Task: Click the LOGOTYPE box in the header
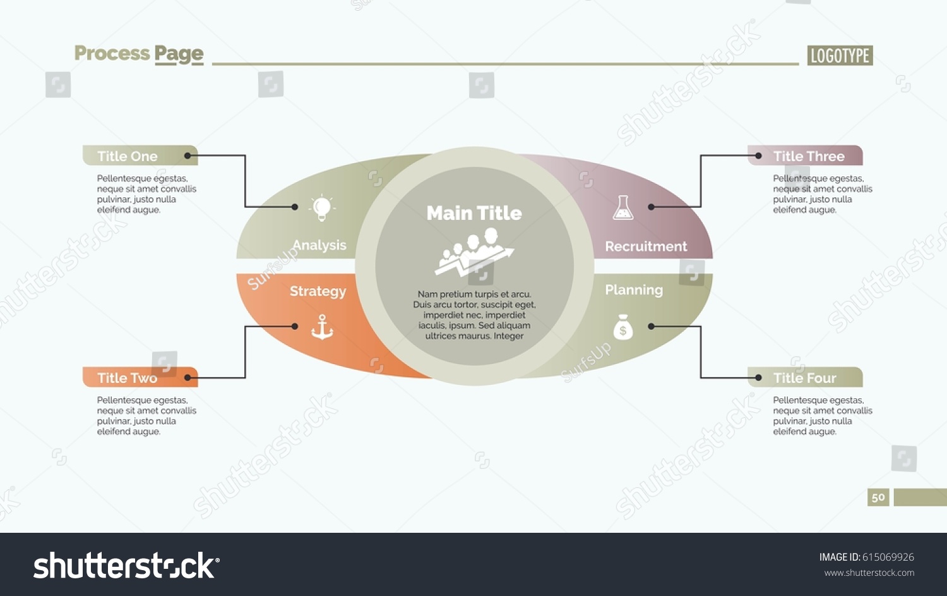(x=840, y=56)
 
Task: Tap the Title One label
(x=140, y=155)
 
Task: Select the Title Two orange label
(x=140, y=377)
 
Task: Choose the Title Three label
(x=805, y=155)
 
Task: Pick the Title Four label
(x=805, y=377)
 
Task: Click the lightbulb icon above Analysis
(x=322, y=208)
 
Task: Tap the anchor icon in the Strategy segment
(x=322, y=327)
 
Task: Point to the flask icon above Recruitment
(x=623, y=207)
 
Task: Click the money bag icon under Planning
(x=622, y=327)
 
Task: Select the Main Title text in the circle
(x=474, y=213)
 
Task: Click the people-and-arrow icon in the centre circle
(x=474, y=252)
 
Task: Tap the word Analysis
(x=319, y=245)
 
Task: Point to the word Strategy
(x=318, y=291)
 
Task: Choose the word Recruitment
(x=646, y=246)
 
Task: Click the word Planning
(x=634, y=290)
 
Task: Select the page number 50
(x=878, y=497)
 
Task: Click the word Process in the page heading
(x=112, y=53)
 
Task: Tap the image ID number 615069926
(x=888, y=557)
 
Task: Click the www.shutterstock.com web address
(x=869, y=573)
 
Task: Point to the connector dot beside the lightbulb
(x=295, y=207)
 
